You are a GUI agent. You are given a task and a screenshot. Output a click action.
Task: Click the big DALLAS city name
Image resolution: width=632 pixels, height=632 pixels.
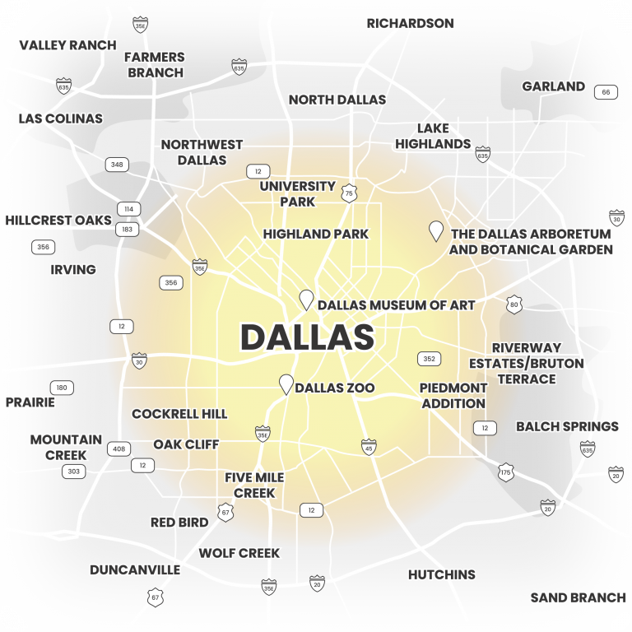307,337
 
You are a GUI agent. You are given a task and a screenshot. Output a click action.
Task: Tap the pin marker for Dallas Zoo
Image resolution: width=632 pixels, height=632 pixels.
286,384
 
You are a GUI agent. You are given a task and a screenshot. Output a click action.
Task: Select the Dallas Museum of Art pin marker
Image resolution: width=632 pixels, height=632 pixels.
306,300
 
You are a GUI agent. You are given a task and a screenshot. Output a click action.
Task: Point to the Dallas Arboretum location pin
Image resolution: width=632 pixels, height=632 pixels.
436,230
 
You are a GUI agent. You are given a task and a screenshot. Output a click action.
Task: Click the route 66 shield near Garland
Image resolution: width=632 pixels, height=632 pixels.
606,92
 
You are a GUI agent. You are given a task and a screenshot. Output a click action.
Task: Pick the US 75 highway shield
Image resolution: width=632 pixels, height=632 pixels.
350,193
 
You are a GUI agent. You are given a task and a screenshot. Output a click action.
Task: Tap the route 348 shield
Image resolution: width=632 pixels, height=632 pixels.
117,165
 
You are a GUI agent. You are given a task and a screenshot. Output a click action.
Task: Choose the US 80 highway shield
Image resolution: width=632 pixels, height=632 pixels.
514,304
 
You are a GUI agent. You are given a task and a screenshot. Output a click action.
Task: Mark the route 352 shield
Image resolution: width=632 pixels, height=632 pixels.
429,359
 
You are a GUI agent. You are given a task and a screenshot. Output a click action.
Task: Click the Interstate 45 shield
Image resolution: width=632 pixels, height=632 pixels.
369,446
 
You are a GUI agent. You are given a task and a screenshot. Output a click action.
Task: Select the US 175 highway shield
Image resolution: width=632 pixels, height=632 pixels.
506,472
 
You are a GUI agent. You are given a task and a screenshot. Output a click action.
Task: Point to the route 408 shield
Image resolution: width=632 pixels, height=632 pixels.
120,448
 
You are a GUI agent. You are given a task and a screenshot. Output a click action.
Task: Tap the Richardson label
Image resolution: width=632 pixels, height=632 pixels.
410,23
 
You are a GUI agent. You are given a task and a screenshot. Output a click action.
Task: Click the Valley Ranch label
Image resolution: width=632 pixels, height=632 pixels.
67,44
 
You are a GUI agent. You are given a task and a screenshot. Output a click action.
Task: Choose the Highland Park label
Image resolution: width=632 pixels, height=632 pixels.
316,235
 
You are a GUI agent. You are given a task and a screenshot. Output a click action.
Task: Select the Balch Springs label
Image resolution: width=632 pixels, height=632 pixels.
567,426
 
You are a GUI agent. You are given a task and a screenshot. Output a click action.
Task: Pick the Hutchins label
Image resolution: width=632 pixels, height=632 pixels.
442,574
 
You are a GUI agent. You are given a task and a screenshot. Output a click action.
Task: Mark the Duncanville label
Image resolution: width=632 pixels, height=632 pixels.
135,569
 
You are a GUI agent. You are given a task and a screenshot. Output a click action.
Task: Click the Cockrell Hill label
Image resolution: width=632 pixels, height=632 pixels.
179,414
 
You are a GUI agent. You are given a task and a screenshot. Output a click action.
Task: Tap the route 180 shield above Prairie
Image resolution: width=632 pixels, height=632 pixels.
62,388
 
